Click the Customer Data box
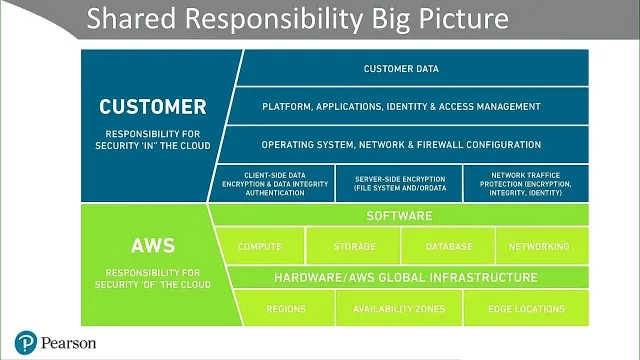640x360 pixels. [412, 68]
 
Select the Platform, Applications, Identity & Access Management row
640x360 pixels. [408, 107]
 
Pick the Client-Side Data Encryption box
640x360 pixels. [273, 184]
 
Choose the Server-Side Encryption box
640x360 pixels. [399, 184]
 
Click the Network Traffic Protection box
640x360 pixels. [526, 184]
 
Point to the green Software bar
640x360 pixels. [399, 216]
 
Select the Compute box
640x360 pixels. [261, 246]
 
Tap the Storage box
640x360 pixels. [353, 246]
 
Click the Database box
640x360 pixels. [449, 246]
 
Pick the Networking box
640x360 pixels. [542, 246]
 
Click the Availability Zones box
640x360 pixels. [399, 309]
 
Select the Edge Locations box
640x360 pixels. [526, 309]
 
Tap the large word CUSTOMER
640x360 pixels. [153, 107]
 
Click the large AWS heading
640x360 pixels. [153, 246]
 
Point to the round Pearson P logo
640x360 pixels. [26, 343]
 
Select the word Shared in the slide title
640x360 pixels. [131, 18]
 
